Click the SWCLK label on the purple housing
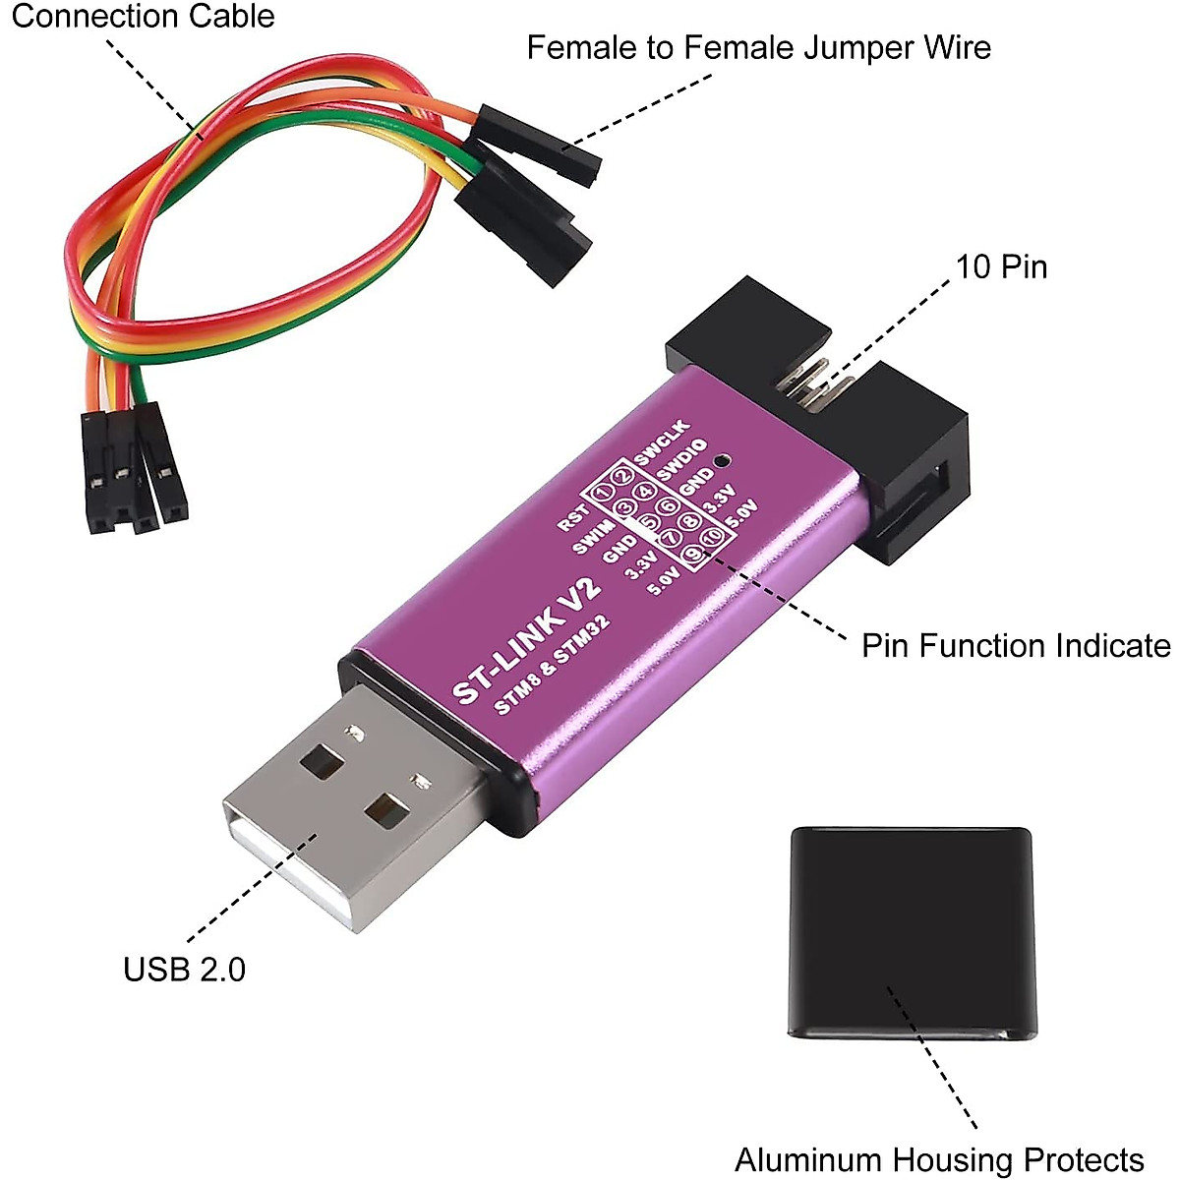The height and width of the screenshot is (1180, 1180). coord(664,442)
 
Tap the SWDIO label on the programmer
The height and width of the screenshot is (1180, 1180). coord(681,459)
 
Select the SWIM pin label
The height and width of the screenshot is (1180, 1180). coord(593,538)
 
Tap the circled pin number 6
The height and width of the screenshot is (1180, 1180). coord(668,506)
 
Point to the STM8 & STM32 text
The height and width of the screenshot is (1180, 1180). coord(552,666)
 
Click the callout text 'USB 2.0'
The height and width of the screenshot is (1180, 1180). coord(184,970)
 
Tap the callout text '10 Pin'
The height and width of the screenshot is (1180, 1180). coord(1001,266)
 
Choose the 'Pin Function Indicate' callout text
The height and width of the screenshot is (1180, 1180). coord(1016,646)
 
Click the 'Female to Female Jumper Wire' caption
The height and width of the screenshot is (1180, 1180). coord(758,47)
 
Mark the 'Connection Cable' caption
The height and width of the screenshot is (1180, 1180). coord(143,17)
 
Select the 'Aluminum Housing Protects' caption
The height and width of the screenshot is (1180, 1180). coord(939,1160)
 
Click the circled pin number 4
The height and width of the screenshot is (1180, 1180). coord(645,491)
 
